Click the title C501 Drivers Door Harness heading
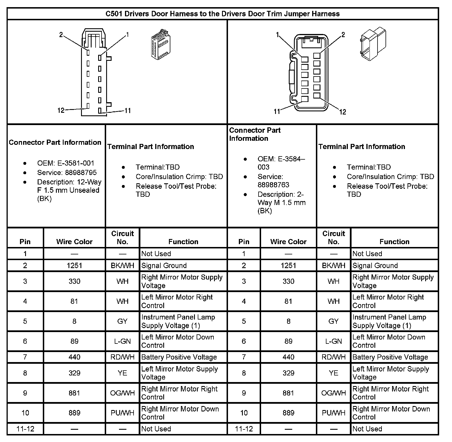point(223,14)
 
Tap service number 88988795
point(81,172)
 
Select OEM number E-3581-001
point(76,163)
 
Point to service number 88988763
point(273,185)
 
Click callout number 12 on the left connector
point(61,110)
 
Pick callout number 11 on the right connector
point(277,111)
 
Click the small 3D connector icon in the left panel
point(160,45)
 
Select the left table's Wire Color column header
point(74,242)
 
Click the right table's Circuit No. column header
point(333,238)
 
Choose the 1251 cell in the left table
point(74,266)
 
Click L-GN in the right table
point(333,341)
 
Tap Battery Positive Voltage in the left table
point(179,357)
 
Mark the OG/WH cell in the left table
point(122,393)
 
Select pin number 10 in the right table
point(244,413)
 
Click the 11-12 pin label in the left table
point(25,429)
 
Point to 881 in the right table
point(288,393)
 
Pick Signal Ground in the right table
point(375,266)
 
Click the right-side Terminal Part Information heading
point(362,146)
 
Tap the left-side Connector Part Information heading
point(55,142)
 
